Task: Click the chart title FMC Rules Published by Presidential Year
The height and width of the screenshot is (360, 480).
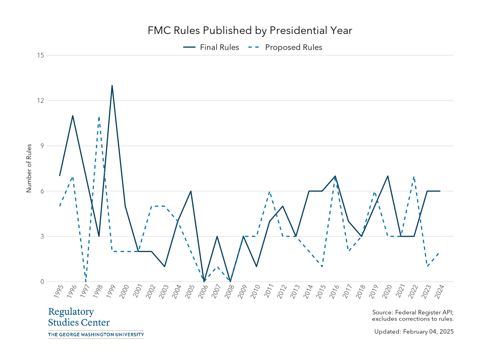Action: [250, 31]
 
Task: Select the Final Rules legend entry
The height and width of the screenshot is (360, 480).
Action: [211, 47]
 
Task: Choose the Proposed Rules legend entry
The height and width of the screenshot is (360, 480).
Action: [286, 47]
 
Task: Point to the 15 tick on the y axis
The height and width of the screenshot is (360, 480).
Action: [40, 55]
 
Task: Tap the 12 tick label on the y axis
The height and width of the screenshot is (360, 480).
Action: [40, 100]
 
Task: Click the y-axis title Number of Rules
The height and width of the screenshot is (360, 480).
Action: [29, 168]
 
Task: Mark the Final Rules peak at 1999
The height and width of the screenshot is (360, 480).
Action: [112, 85]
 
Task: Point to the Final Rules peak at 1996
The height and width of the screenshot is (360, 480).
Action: [73, 116]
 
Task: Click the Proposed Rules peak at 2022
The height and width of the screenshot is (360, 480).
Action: [414, 176]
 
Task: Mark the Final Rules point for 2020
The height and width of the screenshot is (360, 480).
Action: [388, 176]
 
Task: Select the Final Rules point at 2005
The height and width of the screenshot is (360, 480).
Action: [191, 191]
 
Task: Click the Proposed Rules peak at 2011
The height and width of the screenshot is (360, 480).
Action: [270, 191]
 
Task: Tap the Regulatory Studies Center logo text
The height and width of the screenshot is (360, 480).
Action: [79, 317]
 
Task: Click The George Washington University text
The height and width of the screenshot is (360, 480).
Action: [96, 334]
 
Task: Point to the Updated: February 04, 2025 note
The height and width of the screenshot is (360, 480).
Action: [414, 332]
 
